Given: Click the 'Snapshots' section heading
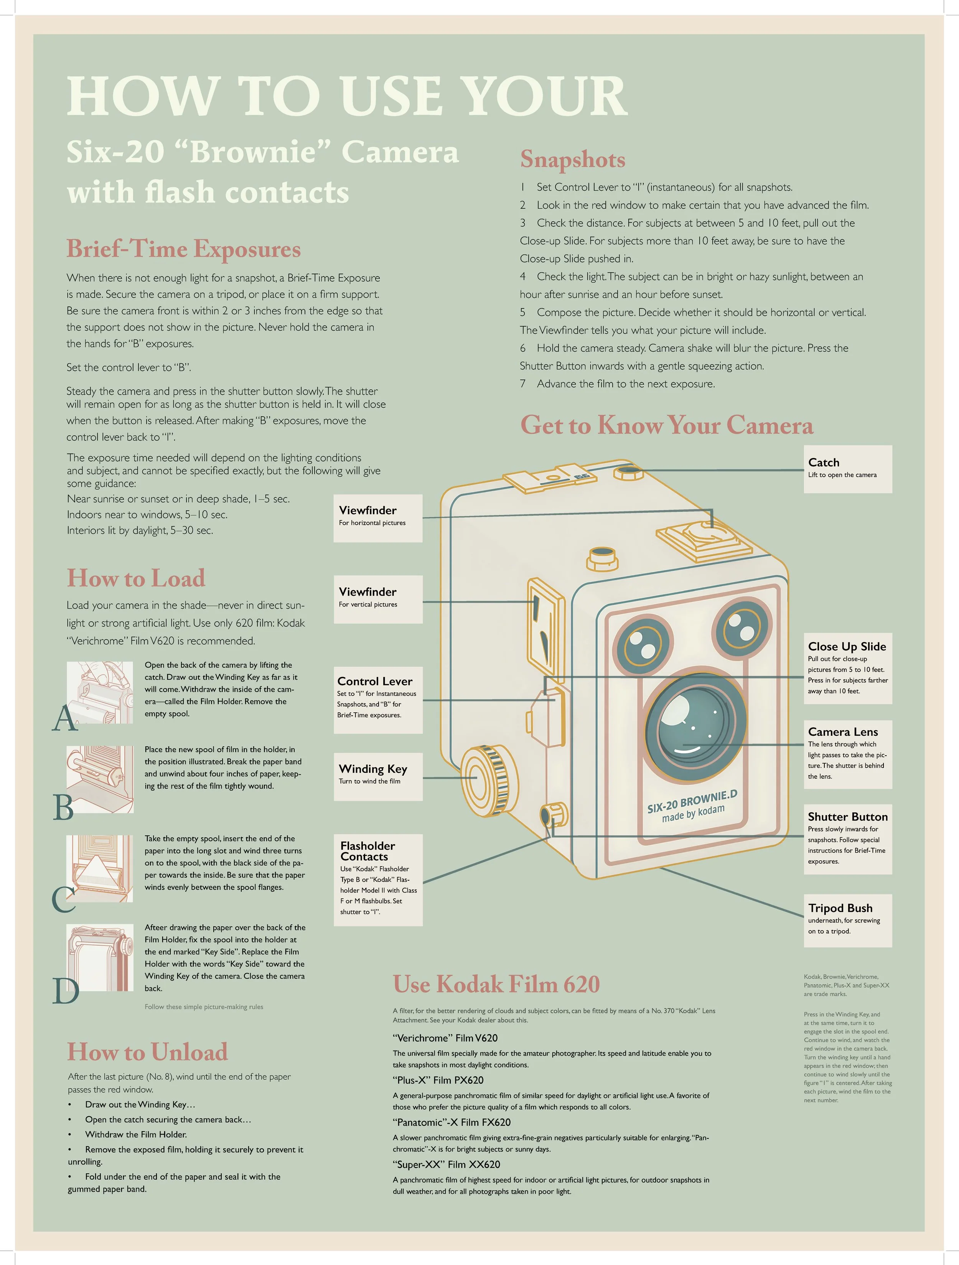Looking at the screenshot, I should [572, 160].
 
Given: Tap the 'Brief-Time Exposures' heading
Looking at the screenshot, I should [184, 249].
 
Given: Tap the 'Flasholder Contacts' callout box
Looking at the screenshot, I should [378, 879].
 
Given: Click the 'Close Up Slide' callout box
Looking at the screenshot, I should [847, 668].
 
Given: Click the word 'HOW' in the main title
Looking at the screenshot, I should [143, 96].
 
